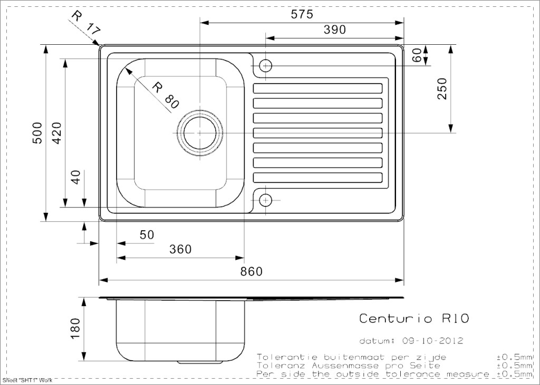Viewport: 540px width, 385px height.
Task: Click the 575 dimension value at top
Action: point(302,14)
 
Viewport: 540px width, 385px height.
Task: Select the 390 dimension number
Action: point(335,29)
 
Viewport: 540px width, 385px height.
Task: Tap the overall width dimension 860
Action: point(252,271)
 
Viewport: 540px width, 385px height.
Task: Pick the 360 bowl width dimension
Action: point(180,249)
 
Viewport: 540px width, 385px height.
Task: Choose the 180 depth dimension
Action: point(75,329)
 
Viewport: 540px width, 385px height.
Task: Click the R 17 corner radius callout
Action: point(86,23)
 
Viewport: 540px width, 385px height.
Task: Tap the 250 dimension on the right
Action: point(442,89)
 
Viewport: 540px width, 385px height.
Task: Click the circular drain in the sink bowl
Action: point(200,133)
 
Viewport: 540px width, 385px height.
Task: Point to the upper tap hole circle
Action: point(266,65)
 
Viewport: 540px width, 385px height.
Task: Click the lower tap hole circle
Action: point(266,200)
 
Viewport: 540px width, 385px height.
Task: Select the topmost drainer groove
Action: point(317,88)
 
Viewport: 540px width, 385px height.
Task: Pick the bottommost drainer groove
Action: point(317,177)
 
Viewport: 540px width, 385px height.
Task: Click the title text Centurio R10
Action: point(414,318)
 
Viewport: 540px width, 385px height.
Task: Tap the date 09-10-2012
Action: point(432,341)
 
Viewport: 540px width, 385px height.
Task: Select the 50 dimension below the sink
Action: point(147,235)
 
